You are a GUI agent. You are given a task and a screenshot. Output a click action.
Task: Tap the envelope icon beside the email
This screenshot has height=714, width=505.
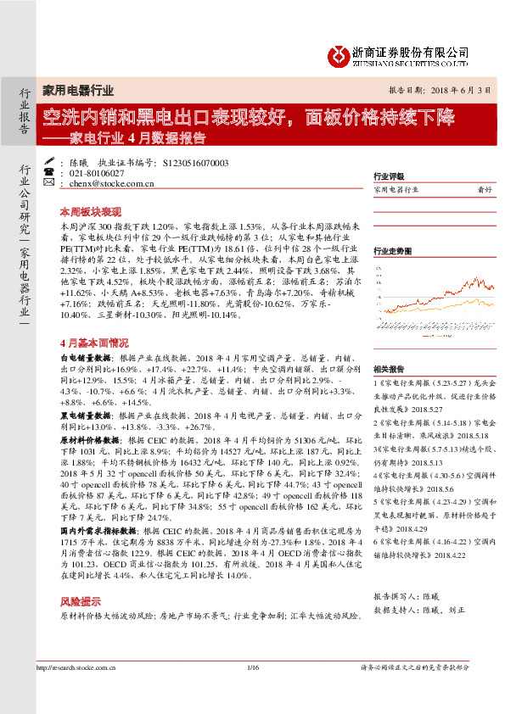coord(49,183)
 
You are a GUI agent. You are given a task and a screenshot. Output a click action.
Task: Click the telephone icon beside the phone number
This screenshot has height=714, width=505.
coord(49,172)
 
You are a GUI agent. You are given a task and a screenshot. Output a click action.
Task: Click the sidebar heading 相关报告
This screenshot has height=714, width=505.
coord(388,368)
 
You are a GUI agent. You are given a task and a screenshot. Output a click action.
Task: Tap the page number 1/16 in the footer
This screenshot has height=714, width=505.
coord(252,669)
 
